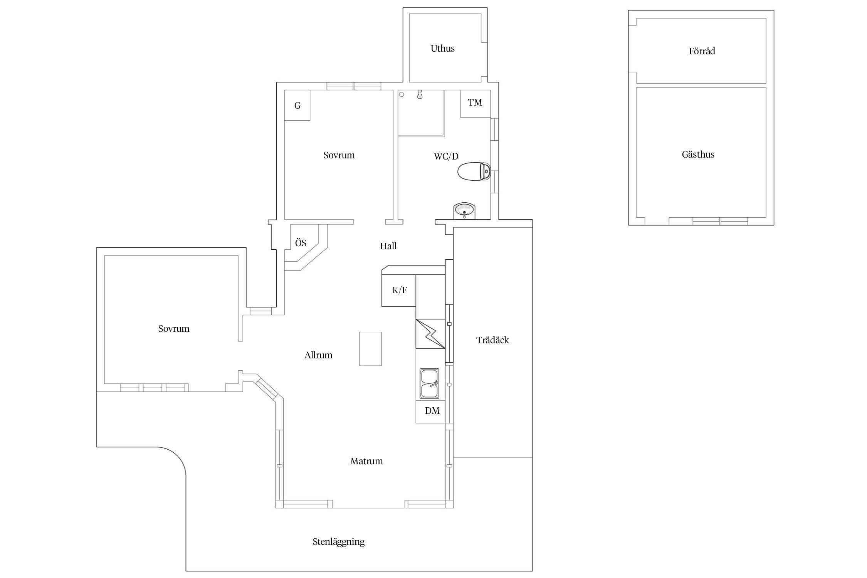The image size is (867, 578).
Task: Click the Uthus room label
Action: (x=442, y=49)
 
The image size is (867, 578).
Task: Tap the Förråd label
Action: (x=702, y=51)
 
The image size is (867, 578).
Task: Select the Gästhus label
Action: (x=698, y=155)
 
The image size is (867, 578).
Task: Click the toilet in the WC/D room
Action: (x=474, y=171)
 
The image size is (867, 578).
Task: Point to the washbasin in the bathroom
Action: (x=464, y=210)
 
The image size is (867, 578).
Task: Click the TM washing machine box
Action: (x=475, y=104)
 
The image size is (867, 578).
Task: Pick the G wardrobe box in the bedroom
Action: (x=297, y=105)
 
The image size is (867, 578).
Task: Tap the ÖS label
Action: (x=301, y=243)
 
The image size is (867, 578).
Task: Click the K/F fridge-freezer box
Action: (x=399, y=291)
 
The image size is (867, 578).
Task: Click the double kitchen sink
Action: (x=429, y=383)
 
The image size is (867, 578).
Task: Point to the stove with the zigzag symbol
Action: (x=430, y=334)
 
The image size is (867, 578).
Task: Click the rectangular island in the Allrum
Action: (x=370, y=349)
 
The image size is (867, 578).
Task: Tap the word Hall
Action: (x=388, y=246)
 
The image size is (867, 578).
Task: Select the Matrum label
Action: (x=366, y=461)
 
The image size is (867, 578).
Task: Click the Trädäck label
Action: (x=492, y=340)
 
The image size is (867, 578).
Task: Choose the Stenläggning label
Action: (x=338, y=542)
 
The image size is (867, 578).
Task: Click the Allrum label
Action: (x=318, y=355)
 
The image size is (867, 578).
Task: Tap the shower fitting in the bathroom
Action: (x=420, y=94)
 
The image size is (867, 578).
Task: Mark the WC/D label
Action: (x=446, y=156)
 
